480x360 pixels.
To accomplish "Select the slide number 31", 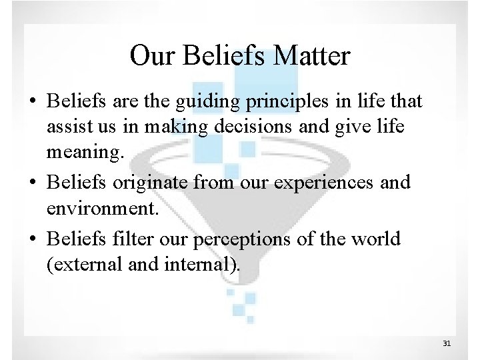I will coord(447,343).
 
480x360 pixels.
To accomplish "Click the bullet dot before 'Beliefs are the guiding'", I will coord(32,102).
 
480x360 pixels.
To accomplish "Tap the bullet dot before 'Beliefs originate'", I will coord(32,182).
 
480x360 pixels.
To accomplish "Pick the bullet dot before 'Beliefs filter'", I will coord(32,238).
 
